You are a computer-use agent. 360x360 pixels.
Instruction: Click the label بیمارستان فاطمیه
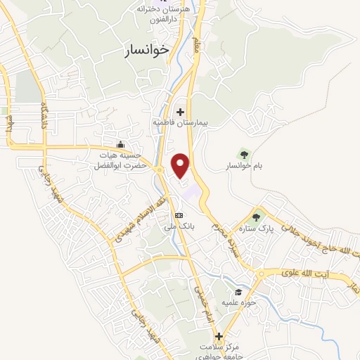click(x=181, y=122)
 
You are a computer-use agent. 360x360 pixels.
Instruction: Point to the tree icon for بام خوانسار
click(x=244, y=153)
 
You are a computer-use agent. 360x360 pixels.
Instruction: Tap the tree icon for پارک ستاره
click(x=256, y=217)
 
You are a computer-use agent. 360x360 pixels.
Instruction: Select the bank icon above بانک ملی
click(x=179, y=215)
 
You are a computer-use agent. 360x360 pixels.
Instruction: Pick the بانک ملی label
click(x=179, y=226)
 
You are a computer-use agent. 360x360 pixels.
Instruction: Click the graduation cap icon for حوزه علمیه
click(x=239, y=292)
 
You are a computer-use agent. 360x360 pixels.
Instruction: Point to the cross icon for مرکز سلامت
click(x=219, y=336)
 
